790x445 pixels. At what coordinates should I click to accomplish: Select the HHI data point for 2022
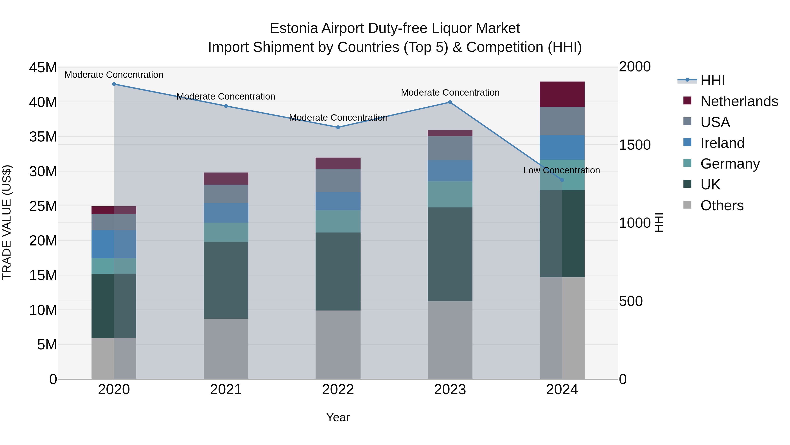338,127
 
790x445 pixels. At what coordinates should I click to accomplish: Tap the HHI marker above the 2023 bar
450,102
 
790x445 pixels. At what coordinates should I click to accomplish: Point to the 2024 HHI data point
562,180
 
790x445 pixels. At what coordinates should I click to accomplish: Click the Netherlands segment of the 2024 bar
562,94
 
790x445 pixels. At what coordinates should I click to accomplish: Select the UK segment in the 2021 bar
226,280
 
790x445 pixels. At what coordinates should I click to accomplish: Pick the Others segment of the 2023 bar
450,340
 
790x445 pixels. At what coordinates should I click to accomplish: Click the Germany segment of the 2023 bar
450,194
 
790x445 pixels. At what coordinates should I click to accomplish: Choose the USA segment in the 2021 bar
226,194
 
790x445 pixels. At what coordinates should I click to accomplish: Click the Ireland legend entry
722,143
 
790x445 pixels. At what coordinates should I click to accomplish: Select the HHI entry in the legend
712,80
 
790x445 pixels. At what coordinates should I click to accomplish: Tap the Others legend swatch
687,205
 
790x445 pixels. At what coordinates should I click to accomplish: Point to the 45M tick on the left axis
43,67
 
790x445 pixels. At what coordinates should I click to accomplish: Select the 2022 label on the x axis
338,390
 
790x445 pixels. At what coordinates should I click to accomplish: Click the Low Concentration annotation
562,171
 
